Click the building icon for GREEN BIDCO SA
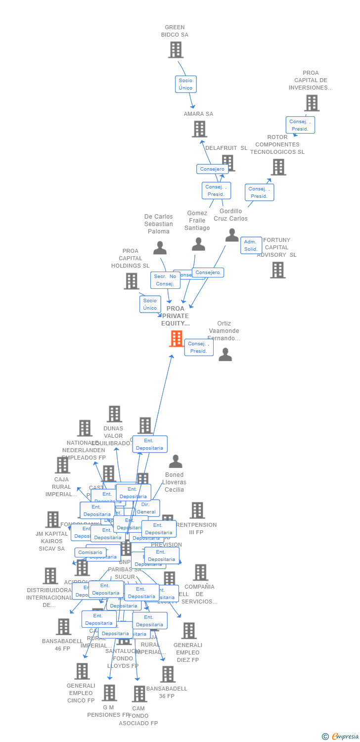[x=176, y=49]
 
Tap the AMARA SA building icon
[x=199, y=129]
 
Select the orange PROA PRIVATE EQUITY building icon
[x=177, y=339]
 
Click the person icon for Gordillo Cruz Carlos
[x=232, y=235]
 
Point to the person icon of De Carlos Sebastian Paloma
[x=160, y=248]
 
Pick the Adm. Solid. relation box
[x=251, y=245]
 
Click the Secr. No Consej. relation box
[x=165, y=280]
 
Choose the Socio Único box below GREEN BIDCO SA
[x=185, y=84]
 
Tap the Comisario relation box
[x=90, y=553]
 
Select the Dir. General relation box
[x=146, y=508]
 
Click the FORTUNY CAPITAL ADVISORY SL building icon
[x=278, y=270]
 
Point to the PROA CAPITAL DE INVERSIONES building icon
[x=312, y=103]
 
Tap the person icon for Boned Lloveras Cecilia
[x=176, y=462]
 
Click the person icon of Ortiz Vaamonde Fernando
[x=225, y=354]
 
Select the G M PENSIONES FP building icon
[x=109, y=693]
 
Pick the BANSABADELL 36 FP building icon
[x=168, y=674]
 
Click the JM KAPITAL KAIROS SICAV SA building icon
[x=53, y=519]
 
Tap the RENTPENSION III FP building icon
[x=197, y=510]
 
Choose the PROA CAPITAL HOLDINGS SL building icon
[x=132, y=281]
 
